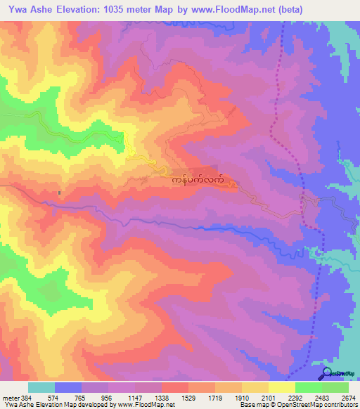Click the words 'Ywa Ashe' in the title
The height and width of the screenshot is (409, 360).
(26, 10)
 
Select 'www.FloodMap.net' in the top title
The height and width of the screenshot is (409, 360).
(226, 10)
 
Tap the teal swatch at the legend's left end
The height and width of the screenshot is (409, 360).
(41, 387)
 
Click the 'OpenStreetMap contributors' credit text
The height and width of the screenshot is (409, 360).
(320, 405)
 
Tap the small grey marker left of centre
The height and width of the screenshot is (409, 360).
(60, 193)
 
